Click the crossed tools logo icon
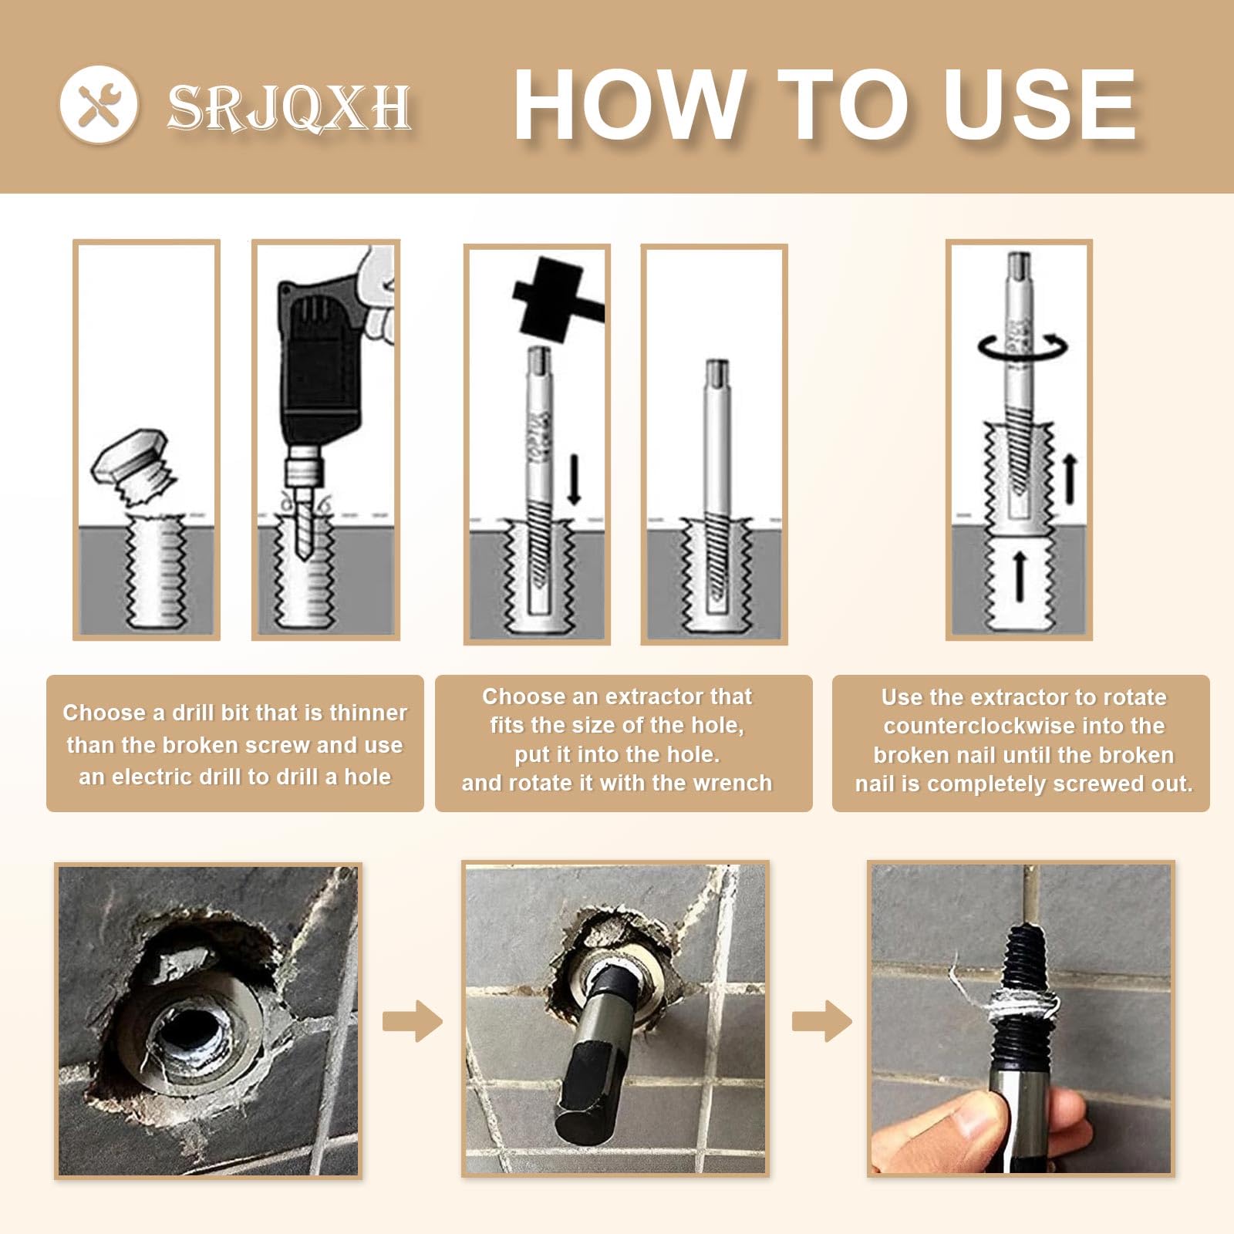[x=99, y=104]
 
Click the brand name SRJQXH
[x=289, y=107]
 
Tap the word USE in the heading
[x=1039, y=105]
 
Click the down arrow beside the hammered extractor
[x=573, y=479]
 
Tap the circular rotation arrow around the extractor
[x=1023, y=348]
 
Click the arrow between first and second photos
[x=413, y=1021]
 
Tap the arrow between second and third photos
[x=822, y=1021]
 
